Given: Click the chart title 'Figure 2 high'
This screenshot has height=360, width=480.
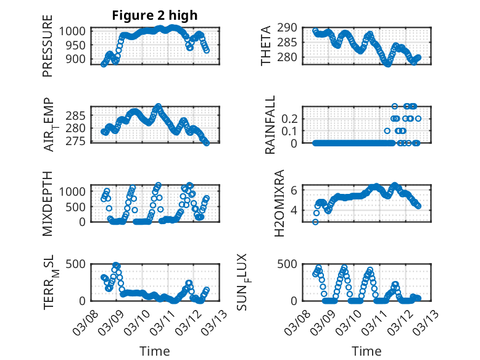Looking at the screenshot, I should coord(155,15).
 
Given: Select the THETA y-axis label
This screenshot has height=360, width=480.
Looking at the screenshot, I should coord(266,46).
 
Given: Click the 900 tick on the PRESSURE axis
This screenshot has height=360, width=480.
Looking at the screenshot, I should coord(78,59).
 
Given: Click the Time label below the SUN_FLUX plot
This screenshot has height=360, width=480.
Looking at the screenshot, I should coord(366,351).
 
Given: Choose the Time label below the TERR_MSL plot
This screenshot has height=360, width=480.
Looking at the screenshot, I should coord(154,351).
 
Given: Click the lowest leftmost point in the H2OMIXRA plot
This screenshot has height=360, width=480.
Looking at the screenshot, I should coord(315,222).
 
